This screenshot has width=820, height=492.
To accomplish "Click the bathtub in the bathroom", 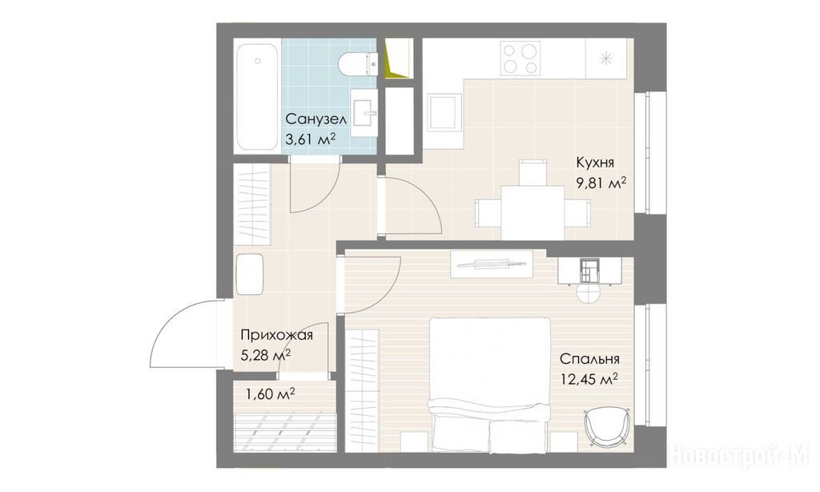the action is click(x=256, y=97).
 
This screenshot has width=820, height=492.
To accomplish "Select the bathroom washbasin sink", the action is click(x=364, y=112).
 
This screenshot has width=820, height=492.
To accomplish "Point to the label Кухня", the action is click(x=595, y=162).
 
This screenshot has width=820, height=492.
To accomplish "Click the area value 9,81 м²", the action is click(x=601, y=184).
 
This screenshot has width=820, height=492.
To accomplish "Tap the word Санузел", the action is click(x=316, y=119).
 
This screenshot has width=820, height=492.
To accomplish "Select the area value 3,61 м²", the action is click(x=310, y=139).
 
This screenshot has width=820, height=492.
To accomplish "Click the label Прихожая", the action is click(x=276, y=335).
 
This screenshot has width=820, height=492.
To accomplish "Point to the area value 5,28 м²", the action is click(x=266, y=356).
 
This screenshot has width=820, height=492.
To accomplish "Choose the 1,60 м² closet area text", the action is click(x=271, y=393).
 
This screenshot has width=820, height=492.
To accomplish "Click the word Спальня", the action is click(x=589, y=359).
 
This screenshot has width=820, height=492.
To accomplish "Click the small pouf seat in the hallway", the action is click(x=249, y=274).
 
